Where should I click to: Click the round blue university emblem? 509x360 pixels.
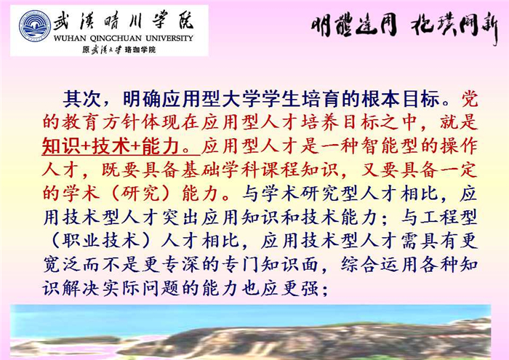pos(35,26)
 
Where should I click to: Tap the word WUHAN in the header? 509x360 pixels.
pos(70,39)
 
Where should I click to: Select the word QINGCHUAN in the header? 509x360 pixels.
pos(116,39)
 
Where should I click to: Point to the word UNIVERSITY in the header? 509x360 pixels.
pos(169,39)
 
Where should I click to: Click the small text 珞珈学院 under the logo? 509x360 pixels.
pos(140,49)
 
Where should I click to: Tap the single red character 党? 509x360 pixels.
pos(469,99)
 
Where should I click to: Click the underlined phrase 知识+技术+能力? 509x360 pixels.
pos(111,146)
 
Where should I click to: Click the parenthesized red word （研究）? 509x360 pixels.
pos(140,193)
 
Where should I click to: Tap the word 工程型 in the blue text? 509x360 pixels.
pos(449,217)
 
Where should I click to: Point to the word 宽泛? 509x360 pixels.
pos(62,265)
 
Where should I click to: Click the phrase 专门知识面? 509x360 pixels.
pos(270,265)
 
